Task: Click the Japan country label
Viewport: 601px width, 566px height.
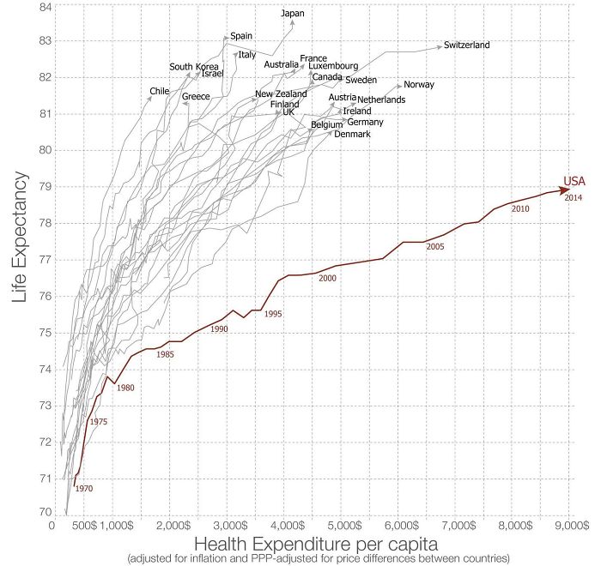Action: (293, 13)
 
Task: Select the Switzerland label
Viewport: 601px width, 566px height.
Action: (466, 45)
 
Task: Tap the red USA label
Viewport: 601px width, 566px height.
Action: (574, 181)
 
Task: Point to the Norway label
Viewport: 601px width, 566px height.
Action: (419, 85)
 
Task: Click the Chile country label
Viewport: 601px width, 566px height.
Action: (160, 91)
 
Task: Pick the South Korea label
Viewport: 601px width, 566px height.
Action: (193, 67)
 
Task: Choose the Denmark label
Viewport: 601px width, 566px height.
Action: (352, 135)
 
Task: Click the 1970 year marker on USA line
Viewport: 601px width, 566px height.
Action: (83, 488)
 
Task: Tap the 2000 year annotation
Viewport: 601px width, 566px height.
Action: (327, 279)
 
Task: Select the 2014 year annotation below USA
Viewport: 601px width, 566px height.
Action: (574, 197)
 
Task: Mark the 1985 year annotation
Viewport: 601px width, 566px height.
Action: (166, 354)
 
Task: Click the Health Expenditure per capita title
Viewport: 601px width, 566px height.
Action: (317, 544)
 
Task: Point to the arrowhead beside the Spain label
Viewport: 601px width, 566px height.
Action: (227, 37)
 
